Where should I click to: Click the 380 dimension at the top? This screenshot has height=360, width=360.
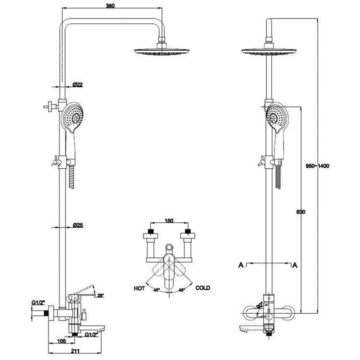(110, 6)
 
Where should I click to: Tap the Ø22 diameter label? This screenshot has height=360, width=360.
(77, 85)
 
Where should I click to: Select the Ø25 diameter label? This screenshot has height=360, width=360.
(78, 225)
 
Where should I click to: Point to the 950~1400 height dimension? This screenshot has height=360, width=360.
(317, 166)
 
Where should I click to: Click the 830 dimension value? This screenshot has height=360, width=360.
(301, 211)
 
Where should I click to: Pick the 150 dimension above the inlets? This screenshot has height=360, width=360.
(169, 221)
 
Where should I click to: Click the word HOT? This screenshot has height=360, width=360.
(139, 288)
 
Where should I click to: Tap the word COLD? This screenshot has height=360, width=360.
(203, 288)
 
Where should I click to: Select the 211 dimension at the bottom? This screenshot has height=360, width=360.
(75, 351)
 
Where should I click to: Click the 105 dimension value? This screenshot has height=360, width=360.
(62, 341)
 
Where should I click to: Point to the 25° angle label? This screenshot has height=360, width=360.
(100, 296)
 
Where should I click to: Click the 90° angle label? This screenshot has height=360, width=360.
(260, 306)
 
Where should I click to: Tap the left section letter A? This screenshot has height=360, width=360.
(241, 265)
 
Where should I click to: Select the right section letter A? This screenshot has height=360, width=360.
(295, 265)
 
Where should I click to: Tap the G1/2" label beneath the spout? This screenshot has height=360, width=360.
(92, 334)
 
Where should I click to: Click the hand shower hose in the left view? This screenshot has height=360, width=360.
(72, 177)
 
